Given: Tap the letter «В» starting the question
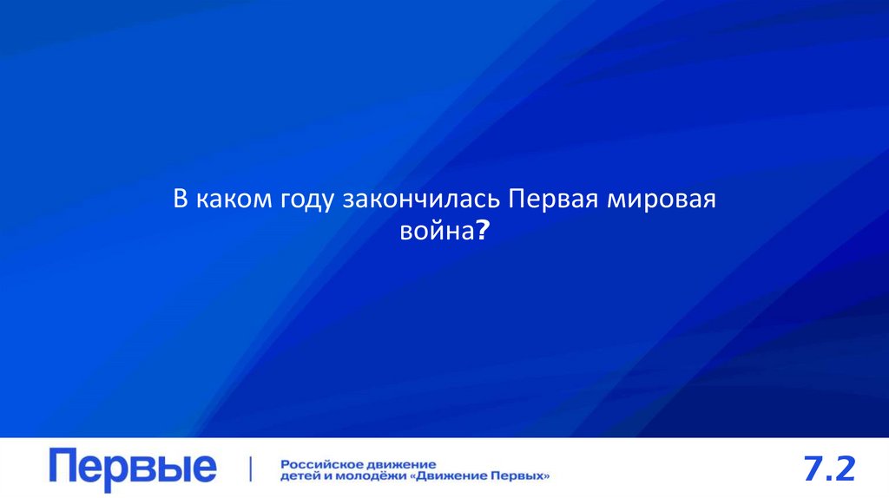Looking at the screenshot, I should point(181,200).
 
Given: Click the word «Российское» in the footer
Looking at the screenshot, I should point(320,463).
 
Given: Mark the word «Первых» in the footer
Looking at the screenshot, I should point(521,475).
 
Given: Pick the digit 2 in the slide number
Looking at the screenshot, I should point(846,469).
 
